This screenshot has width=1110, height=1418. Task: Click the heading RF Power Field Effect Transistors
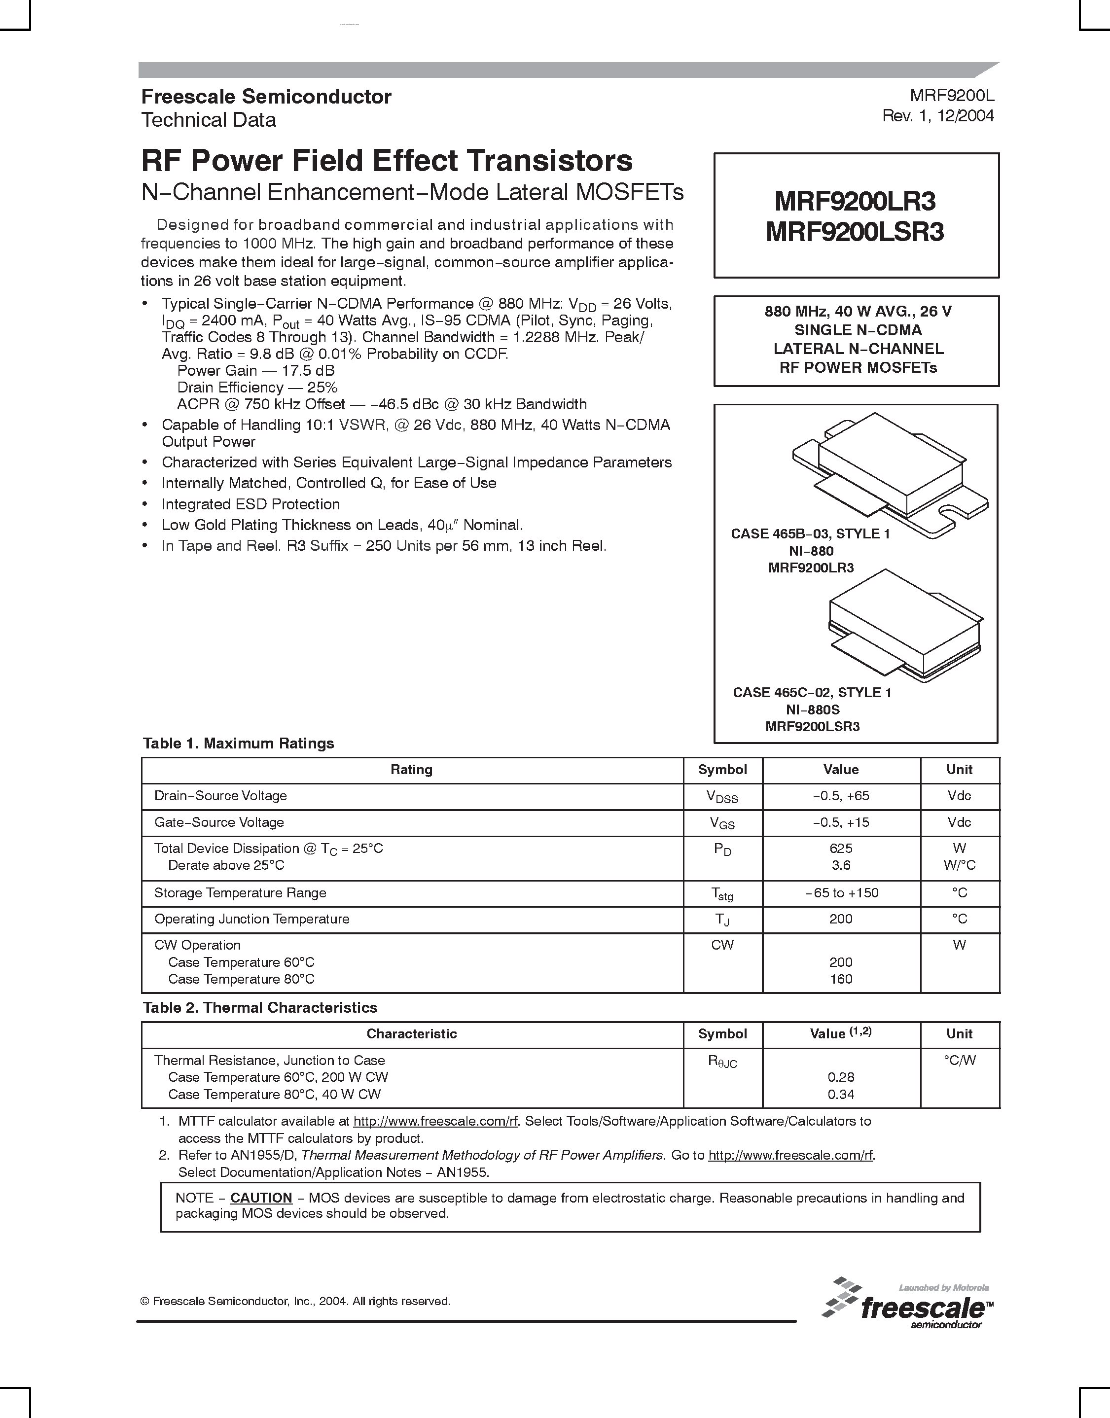387,161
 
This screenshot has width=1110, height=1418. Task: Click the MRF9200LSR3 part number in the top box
855,232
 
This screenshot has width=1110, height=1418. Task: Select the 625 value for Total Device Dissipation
840,848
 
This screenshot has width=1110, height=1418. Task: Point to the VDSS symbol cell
722,797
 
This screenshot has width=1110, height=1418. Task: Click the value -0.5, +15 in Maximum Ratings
840,822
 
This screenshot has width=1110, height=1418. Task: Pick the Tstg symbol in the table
722,894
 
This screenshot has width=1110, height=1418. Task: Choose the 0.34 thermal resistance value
840,1095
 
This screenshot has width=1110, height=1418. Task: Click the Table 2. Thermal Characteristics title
260,1007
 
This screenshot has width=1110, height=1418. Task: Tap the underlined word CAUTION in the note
261,1198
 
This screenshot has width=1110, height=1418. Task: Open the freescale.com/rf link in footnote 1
435,1121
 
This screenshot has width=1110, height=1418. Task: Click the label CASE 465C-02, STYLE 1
812,693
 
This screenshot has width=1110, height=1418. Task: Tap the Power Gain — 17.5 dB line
255,370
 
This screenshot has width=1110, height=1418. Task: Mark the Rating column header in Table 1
411,770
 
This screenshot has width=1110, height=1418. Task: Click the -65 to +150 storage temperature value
841,893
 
